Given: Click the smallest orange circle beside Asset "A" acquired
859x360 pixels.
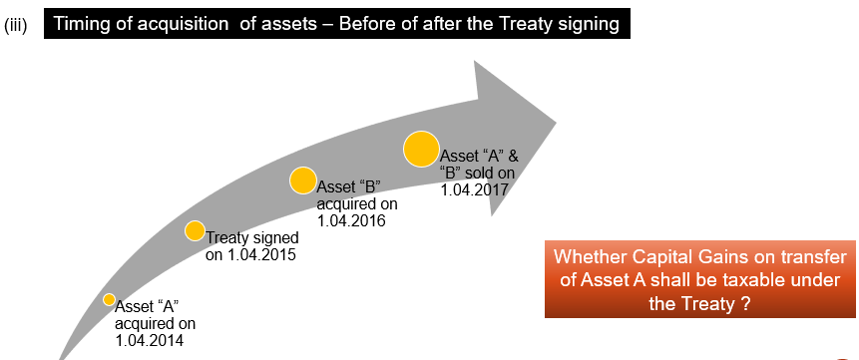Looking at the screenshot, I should [110, 299].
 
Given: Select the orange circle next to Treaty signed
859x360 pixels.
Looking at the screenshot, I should [195, 231].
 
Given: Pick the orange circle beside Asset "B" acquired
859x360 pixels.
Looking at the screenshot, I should [303, 180].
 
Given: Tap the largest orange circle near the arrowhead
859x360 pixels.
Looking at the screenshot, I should [421, 149].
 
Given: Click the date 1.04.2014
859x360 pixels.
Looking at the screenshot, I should [150, 340].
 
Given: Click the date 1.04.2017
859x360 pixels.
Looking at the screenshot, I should [475, 188].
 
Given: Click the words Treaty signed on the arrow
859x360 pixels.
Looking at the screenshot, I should [252, 238].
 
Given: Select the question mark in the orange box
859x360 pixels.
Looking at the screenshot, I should [746, 304].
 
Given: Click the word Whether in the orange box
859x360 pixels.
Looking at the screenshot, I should [589, 256].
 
